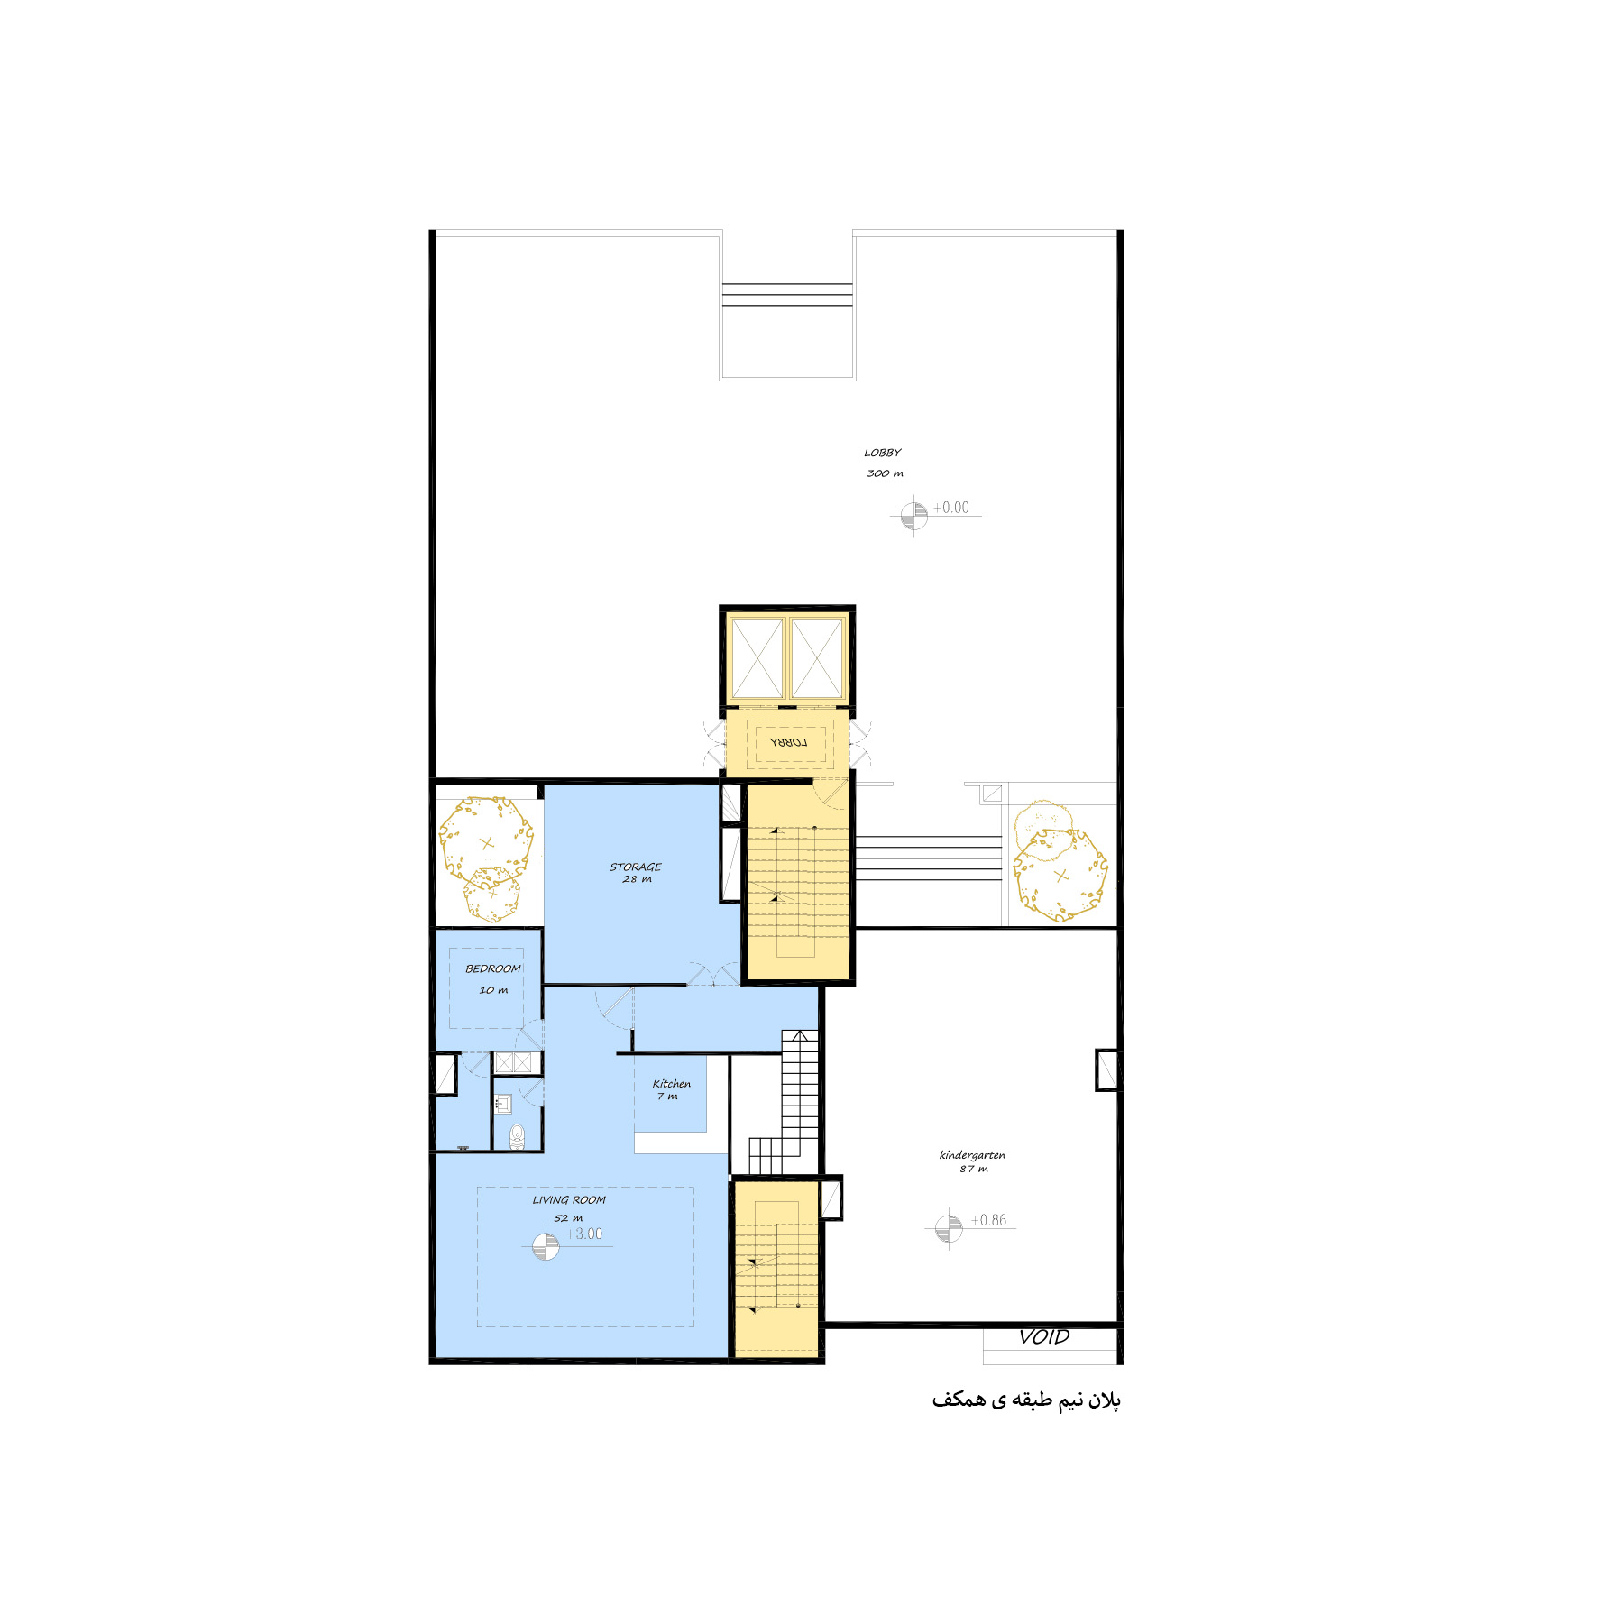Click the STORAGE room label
tap(636, 867)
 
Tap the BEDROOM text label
tap(493, 968)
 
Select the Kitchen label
tap(672, 1084)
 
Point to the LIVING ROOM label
tap(569, 1200)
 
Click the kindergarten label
tap(972, 1155)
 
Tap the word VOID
tap(1044, 1337)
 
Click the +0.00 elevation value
tap(951, 508)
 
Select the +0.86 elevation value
tap(988, 1220)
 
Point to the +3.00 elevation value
tap(584, 1234)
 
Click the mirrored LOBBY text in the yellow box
tap(788, 742)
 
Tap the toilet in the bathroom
tap(517, 1136)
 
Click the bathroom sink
tap(503, 1103)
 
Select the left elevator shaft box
tap(757, 658)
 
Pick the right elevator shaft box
tap(817, 658)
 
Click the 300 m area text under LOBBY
tap(885, 473)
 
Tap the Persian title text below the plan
tap(1026, 1400)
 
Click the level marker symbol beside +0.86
tap(948, 1227)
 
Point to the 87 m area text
tap(974, 1170)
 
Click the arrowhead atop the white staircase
tap(800, 1036)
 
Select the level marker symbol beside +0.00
tap(913, 516)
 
